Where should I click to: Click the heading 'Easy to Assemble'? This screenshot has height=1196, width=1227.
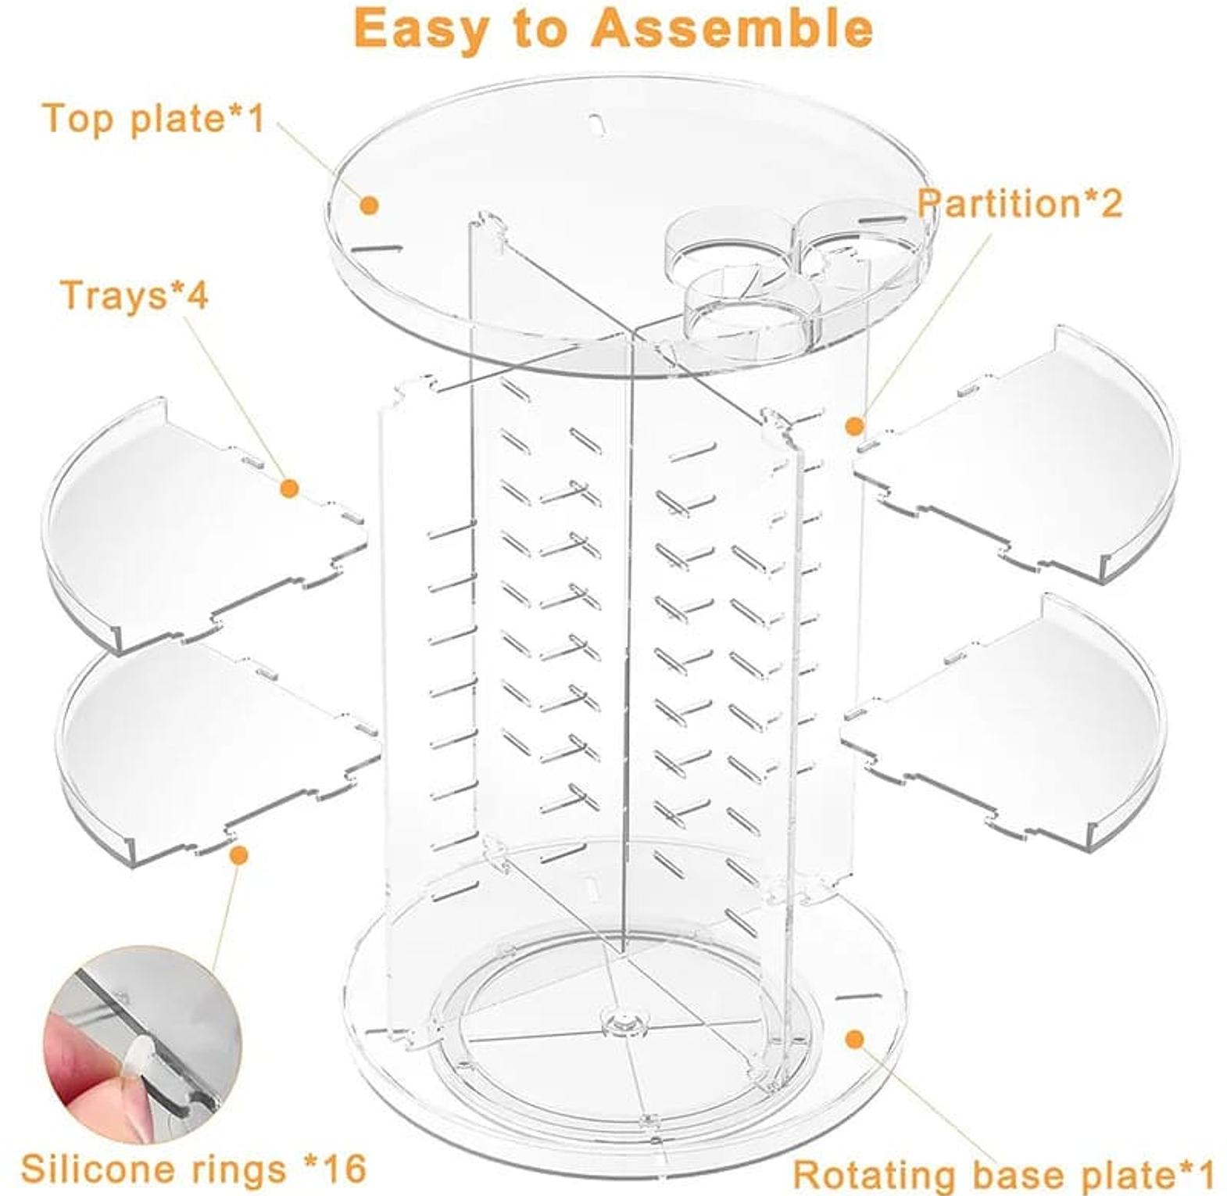(613, 30)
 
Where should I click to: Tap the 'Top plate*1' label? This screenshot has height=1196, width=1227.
(153, 119)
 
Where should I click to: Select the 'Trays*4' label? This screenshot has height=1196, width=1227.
(134, 295)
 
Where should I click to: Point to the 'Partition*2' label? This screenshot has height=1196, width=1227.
(1019, 203)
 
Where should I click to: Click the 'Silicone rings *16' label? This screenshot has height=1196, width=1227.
(194, 1169)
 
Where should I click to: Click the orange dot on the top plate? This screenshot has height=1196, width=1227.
(370, 206)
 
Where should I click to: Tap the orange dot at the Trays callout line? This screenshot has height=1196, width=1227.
(289, 489)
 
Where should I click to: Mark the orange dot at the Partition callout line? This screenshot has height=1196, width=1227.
(855, 426)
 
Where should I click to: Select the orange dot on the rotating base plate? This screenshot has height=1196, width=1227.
(855, 1039)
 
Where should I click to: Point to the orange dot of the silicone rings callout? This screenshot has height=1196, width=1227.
(240, 855)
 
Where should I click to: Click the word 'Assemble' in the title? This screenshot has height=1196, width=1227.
(731, 30)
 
